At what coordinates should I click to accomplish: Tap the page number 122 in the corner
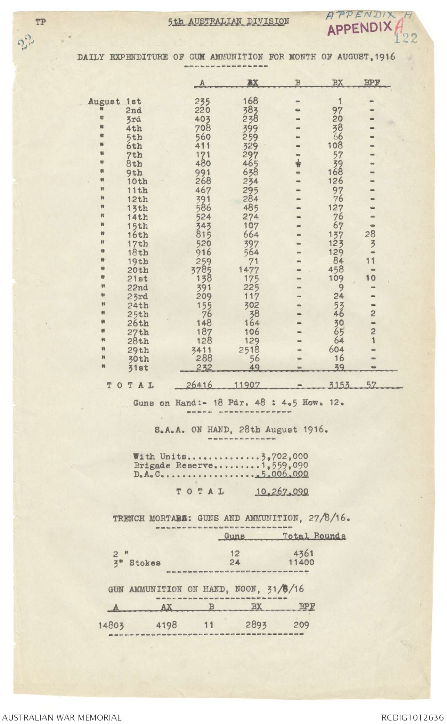point(405,38)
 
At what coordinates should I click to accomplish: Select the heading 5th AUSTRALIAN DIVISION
point(228,22)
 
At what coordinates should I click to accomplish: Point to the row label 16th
point(138,235)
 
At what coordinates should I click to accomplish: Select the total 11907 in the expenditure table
point(246,385)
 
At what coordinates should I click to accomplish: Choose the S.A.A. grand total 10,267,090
point(282,492)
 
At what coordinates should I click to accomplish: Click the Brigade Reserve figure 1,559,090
point(284,465)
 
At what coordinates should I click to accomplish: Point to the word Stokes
point(145,563)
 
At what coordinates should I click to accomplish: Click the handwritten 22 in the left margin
point(26,44)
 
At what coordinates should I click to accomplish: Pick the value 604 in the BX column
point(336,349)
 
